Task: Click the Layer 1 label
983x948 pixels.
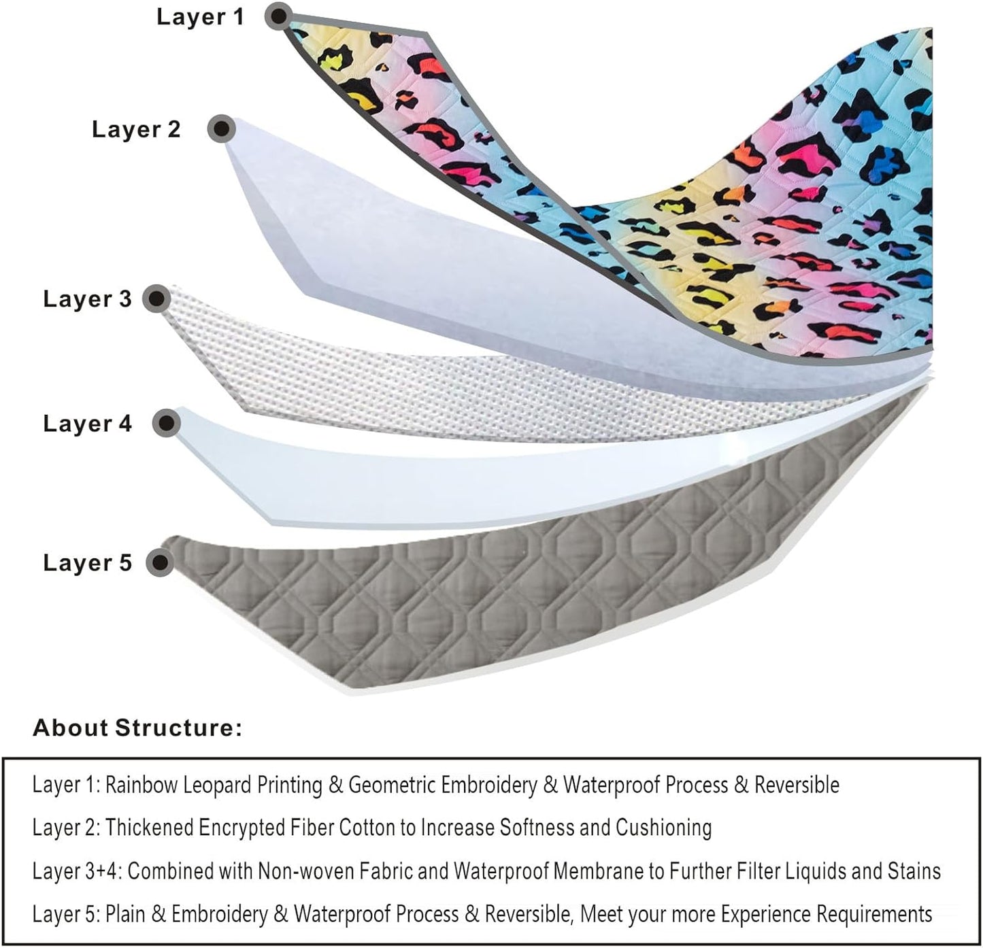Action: pos(199,17)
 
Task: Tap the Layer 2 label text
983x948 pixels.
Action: pos(136,129)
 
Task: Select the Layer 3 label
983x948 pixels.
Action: pos(87,299)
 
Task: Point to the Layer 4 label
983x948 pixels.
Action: pos(87,424)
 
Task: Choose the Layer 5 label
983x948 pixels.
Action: pos(87,563)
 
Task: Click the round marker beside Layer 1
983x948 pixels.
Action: pos(279,14)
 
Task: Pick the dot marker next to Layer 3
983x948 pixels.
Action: pos(157,299)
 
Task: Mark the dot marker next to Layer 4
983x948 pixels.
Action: pos(165,423)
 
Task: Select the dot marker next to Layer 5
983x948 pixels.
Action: pos(161,562)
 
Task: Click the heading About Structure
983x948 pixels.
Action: pos(137,728)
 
